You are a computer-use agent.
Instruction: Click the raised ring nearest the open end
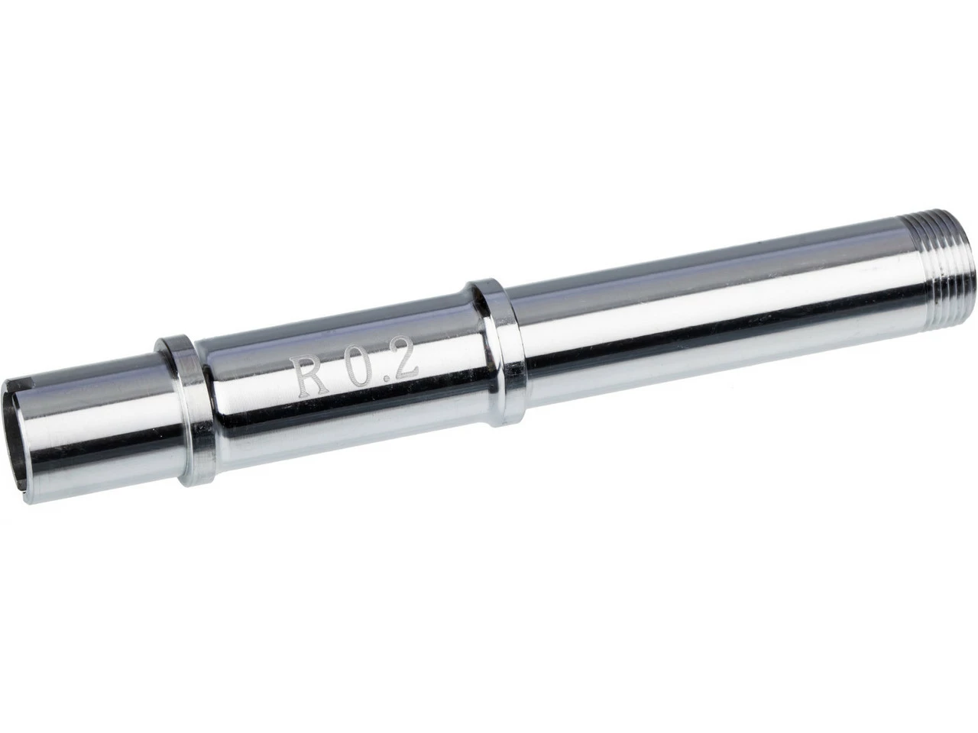tap(182, 412)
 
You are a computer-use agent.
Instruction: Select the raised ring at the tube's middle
tap(497, 351)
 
